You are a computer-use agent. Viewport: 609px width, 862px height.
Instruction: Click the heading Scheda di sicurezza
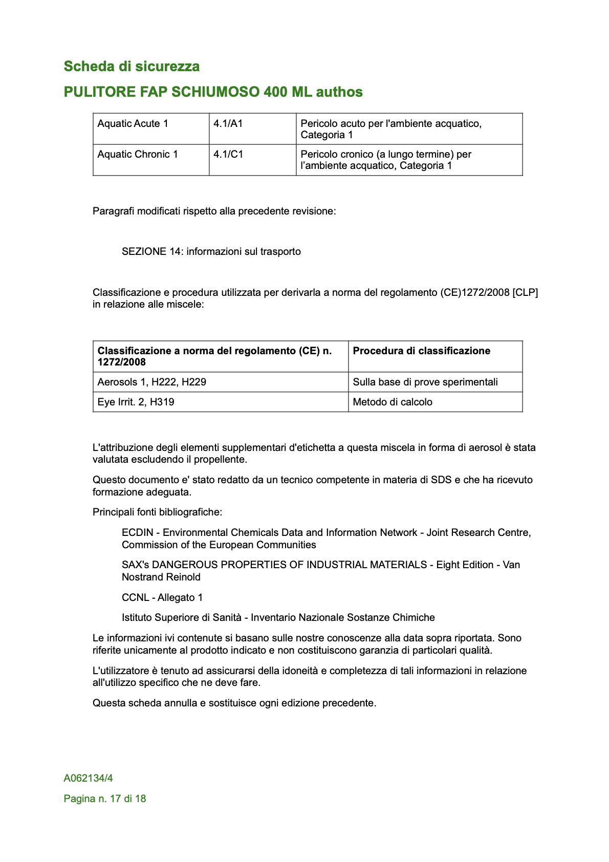tap(132, 67)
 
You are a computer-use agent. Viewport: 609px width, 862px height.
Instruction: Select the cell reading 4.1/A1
tap(228, 124)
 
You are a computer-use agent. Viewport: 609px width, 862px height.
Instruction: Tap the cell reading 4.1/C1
tap(228, 155)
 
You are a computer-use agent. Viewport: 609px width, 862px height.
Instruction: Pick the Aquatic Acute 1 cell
tap(133, 124)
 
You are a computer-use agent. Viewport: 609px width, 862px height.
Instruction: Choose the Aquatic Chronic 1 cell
tap(138, 155)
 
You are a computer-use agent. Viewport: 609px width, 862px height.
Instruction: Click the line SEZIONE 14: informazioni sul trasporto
tap(211, 252)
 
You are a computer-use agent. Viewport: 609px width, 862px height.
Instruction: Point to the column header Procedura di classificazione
tap(422, 351)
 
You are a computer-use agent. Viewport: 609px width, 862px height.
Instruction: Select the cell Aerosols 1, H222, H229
tap(152, 382)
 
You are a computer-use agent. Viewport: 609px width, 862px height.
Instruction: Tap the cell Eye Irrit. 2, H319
tap(136, 402)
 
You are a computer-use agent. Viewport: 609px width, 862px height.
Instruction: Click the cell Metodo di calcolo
tap(393, 402)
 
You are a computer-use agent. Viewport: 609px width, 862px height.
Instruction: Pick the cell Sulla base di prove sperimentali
tap(425, 382)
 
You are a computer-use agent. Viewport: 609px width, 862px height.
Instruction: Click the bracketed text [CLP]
tap(525, 293)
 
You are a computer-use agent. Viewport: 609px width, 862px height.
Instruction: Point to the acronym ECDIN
tap(137, 533)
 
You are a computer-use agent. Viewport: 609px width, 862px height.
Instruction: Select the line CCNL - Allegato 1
tap(162, 598)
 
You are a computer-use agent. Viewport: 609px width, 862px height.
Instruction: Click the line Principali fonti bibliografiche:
tap(158, 512)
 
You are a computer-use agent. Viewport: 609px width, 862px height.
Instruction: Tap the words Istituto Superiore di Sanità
tap(182, 618)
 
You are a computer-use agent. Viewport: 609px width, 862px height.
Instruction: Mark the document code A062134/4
tap(89, 779)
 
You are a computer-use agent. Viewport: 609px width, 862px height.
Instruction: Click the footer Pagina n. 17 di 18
tap(105, 799)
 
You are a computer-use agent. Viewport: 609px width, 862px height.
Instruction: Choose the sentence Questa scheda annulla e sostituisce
tap(234, 703)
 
